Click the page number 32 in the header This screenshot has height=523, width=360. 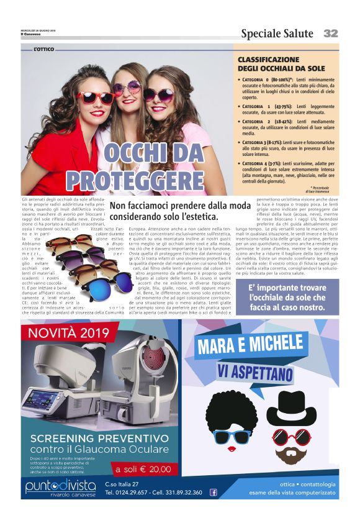click(x=330, y=33)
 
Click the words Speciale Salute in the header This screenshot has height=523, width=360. click(x=278, y=34)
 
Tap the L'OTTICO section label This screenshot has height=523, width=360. click(x=45, y=48)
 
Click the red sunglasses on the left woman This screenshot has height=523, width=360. click(x=94, y=98)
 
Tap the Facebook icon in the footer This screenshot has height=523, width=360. click(x=214, y=493)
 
